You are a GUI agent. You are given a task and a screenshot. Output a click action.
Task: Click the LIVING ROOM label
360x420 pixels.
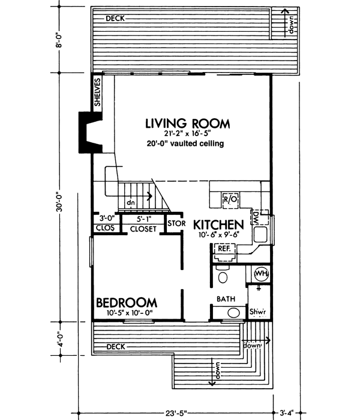187,124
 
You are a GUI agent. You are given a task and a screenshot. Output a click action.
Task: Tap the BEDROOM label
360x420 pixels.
127,302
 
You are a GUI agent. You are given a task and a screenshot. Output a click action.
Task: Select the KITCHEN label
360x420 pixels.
219,225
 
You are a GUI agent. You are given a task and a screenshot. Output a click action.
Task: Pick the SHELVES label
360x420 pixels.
97,93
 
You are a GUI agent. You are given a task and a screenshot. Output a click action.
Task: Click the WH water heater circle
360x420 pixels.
261,274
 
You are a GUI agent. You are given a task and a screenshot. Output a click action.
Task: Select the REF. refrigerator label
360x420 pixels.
224,248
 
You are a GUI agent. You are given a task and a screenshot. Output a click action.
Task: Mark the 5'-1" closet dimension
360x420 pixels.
143,220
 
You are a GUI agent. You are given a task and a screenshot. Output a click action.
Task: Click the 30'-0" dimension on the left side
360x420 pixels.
59,199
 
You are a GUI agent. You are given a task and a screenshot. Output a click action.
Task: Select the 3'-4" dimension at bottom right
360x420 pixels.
287,413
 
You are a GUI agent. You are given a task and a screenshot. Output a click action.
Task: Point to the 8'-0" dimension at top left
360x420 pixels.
59,45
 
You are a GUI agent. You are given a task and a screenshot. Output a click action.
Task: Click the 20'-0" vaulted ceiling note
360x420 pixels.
184,144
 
